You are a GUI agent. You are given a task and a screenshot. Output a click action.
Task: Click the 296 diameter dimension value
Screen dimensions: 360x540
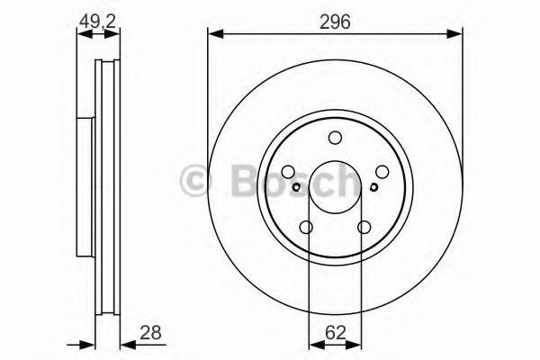tap(335, 17)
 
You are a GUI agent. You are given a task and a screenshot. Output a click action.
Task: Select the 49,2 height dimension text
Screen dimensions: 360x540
tap(98, 17)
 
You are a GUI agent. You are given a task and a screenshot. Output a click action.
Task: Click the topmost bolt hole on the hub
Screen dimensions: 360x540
tap(335, 138)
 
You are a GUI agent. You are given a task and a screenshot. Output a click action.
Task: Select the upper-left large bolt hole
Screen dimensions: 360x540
tap(288, 173)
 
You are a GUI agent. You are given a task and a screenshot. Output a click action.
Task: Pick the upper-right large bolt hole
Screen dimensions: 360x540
tap(382, 173)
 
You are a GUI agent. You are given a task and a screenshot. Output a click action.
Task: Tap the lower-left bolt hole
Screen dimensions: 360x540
tap(306, 228)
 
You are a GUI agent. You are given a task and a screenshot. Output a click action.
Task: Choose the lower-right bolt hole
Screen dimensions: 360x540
tap(364, 228)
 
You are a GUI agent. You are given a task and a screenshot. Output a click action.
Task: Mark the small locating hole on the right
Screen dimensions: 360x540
tap(373, 188)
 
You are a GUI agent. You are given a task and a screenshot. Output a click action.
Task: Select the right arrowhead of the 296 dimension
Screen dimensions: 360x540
tap(457, 34)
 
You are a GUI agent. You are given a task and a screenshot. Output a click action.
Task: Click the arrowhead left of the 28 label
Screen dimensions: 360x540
tap(125, 342)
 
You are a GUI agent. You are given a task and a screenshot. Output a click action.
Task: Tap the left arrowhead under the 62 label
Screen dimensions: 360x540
tap(313, 342)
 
